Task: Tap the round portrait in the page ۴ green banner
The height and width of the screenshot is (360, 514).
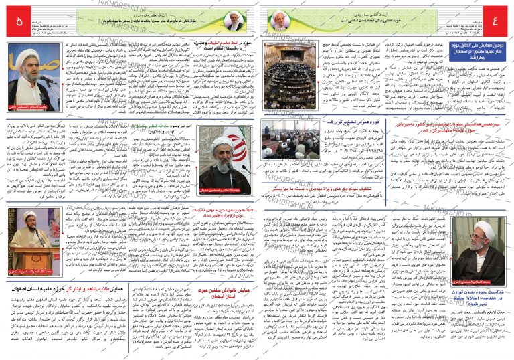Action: (279, 21)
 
